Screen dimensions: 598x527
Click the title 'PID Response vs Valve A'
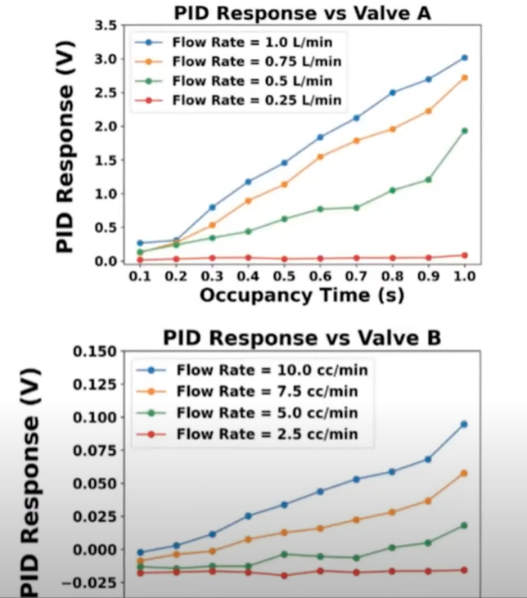coord(301,12)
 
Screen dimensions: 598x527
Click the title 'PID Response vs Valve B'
coord(301,337)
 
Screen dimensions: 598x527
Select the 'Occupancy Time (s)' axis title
coord(301,295)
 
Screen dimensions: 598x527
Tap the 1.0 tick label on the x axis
coord(465,277)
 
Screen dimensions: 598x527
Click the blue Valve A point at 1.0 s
coord(465,57)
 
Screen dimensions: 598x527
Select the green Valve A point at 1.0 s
coord(465,130)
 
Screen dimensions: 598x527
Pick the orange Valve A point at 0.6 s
coord(320,156)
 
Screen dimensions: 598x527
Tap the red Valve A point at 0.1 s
coord(140,260)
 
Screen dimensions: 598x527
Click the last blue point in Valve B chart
coord(464,424)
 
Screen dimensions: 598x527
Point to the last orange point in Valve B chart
coord(464,473)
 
